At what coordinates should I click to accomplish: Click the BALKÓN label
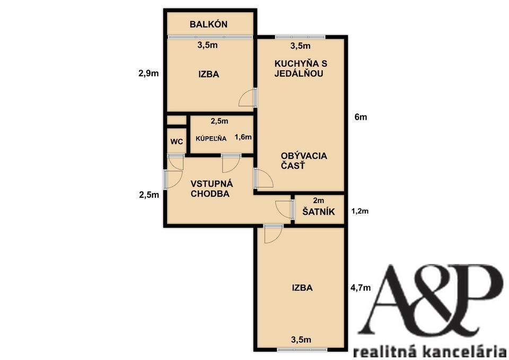tap(208, 24)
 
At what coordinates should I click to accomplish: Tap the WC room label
tap(177, 142)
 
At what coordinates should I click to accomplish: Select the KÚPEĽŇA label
tap(211, 138)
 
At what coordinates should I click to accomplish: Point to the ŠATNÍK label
tap(319, 212)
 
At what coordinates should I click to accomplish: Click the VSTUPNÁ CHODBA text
tap(212, 189)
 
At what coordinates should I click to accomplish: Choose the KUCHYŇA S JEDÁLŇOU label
tap(301, 68)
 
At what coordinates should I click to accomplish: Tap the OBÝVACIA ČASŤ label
tap(304, 161)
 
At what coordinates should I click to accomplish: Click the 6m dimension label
tap(361, 117)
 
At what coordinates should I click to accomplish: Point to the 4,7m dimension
tap(361, 287)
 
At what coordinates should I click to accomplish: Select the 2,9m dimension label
tap(148, 73)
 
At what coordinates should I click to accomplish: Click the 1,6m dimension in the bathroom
tap(243, 137)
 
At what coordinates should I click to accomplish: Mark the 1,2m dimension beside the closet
tap(360, 212)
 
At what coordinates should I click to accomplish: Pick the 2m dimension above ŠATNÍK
tap(319, 200)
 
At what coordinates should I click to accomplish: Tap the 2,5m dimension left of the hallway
tap(149, 195)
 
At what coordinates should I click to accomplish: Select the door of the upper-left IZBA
tap(248, 98)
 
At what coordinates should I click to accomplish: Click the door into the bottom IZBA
tap(273, 234)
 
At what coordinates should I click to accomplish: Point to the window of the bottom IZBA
tap(303, 350)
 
